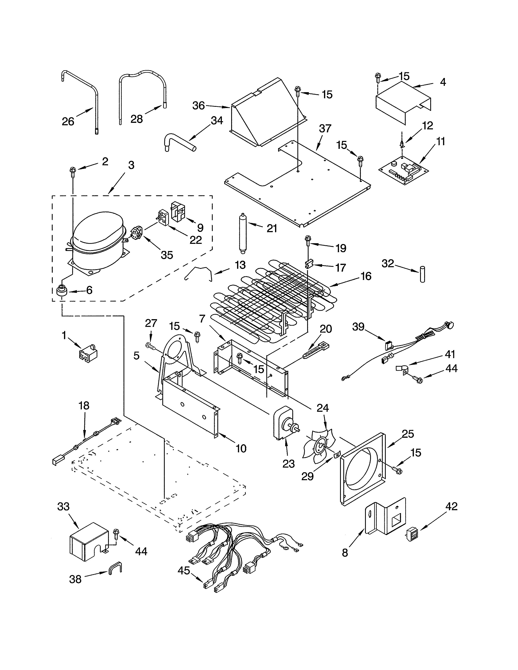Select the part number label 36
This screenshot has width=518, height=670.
pyautogui.click(x=198, y=106)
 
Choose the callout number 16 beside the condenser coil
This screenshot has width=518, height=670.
pyautogui.click(x=366, y=276)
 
